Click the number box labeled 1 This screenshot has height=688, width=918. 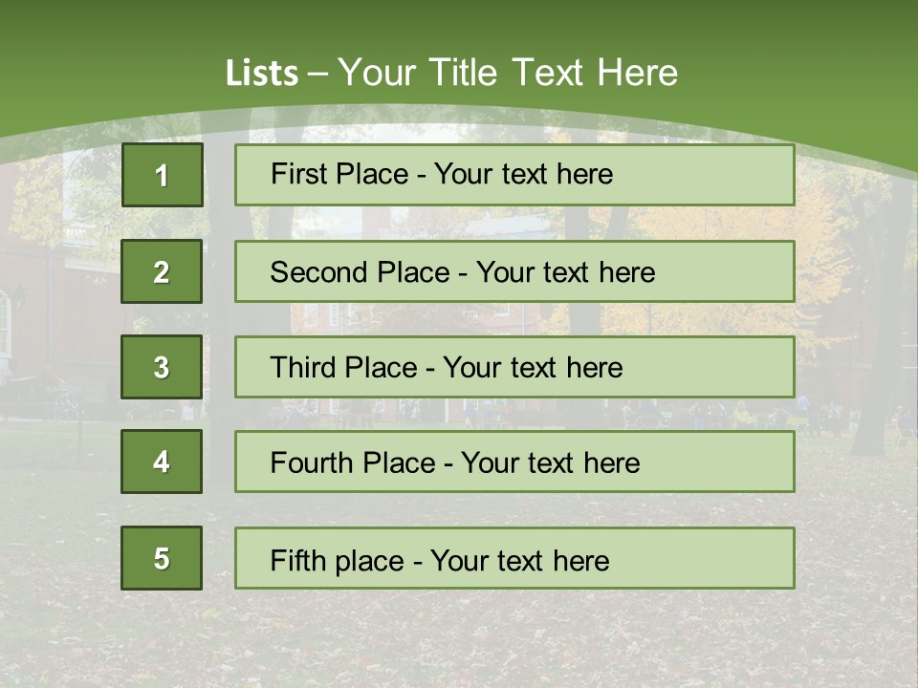point(162,175)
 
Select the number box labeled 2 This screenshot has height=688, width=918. point(162,271)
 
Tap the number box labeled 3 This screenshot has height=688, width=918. point(162,367)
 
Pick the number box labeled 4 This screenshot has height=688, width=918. point(162,462)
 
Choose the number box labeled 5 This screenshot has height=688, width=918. point(162,558)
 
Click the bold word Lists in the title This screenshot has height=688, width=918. point(262,73)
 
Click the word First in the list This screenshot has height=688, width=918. point(298,174)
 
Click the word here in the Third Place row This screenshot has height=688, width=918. point(594,368)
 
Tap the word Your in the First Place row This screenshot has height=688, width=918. point(462,174)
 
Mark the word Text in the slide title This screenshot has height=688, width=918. point(549,73)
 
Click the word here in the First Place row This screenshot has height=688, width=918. point(584,174)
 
